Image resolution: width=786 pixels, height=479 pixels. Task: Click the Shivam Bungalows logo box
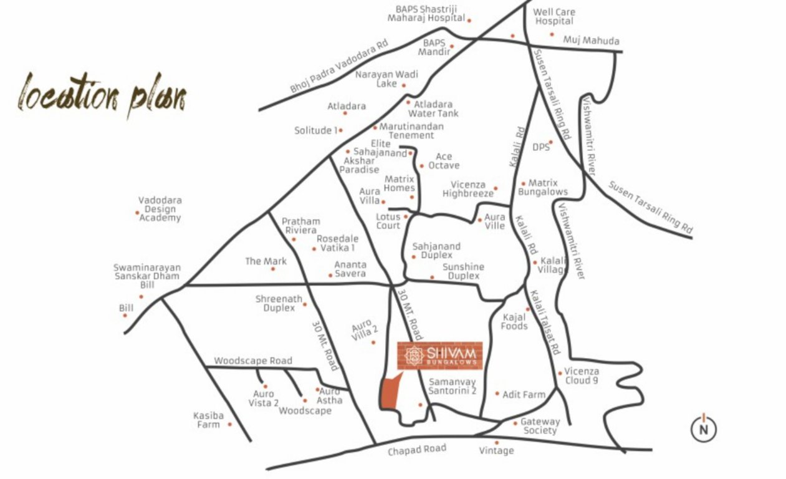point(439,356)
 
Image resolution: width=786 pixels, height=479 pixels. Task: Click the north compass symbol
point(704,428)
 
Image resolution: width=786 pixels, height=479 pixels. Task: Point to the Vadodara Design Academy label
point(160,209)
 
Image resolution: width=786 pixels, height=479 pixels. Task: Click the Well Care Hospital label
point(554,17)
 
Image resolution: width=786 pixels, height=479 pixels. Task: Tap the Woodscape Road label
point(253,361)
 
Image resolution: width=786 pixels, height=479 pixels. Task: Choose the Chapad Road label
point(417,450)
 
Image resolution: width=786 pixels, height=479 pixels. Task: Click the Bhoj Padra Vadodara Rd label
point(338,67)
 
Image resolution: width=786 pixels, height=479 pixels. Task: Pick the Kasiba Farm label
point(209,420)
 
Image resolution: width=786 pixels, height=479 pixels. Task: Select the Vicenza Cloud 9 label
point(582,376)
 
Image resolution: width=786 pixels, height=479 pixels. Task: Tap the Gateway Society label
point(540,426)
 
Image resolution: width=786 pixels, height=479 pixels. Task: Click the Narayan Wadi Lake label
point(386,79)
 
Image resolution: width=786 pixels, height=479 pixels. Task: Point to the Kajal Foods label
point(514,322)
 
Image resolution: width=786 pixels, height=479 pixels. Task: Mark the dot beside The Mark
point(272,269)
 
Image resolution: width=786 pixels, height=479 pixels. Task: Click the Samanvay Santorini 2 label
point(453,387)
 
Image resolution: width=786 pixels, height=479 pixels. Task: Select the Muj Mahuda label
point(591,41)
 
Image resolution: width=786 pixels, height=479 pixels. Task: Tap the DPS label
point(541,147)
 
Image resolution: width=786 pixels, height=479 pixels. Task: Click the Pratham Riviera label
point(301,226)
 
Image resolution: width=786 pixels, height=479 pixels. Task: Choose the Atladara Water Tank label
point(433,109)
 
